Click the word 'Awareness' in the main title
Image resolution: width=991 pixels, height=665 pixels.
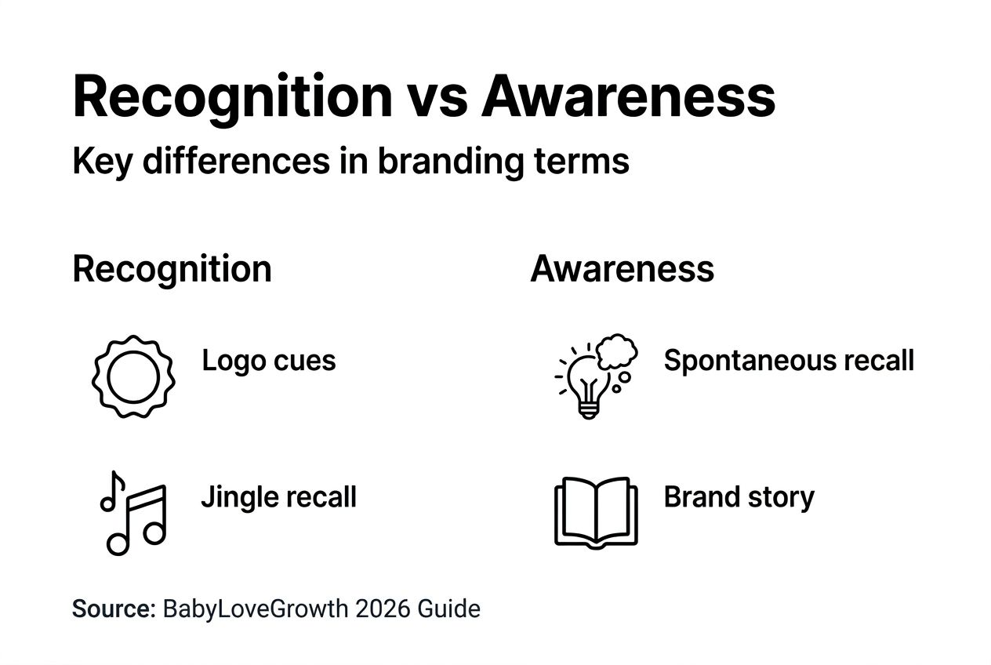[629, 97]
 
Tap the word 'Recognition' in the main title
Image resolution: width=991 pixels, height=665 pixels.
[232, 97]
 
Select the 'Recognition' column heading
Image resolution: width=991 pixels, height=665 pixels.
[172, 269]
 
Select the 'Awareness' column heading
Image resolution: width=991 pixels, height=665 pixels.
[623, 269]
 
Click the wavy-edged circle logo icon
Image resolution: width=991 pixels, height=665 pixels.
[133, 377]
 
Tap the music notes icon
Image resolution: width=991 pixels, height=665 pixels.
[132, 513]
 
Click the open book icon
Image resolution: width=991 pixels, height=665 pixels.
[596, 511]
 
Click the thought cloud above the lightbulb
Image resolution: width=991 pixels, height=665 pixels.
[618, 353]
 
